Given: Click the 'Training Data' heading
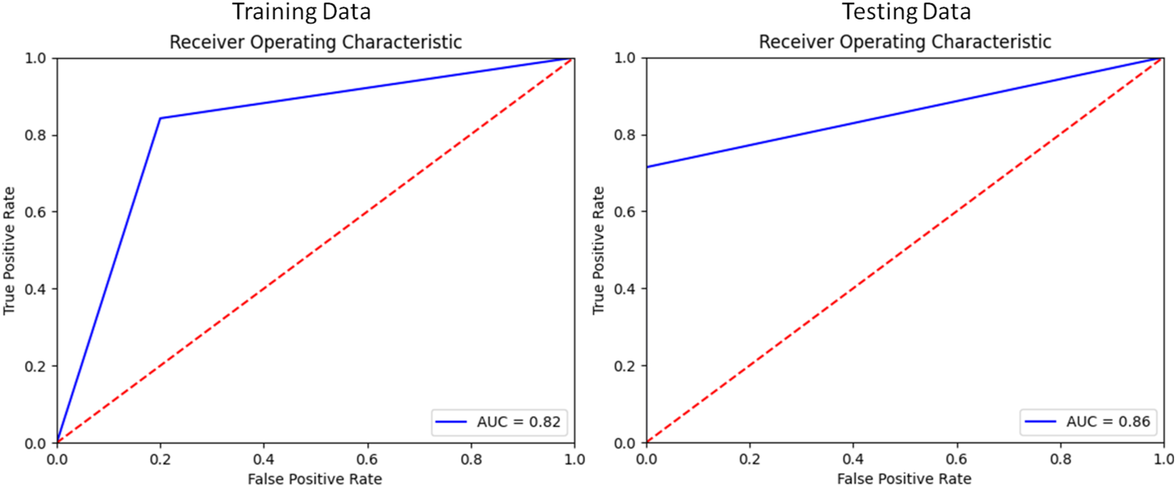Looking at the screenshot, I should pyautogui.click(x=301, y=12).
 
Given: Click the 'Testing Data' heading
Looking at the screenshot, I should pyautogui.click(x=906, y=12).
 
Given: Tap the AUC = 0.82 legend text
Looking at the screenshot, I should pyautogui.click(x=518, y=422).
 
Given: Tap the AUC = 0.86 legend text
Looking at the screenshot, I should pyautogui.click(x=1108, y=422).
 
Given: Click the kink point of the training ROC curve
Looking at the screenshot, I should pyautogui.click(x=160, y=119).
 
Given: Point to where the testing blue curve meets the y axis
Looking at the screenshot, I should pyautogui.click(x=647, y=167).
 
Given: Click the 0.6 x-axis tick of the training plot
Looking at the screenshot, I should pyautogui.click(x=367, y=460).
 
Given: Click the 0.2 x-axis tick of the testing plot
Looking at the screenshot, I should pyautogui.click(x=749, y=460).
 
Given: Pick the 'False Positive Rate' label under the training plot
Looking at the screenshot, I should pyautogui.click(x=315, y=479).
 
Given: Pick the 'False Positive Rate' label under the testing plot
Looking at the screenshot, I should pyautogui.click(x=904, y=479).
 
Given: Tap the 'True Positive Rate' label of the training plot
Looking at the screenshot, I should pyautogui.click(x=9, y=251).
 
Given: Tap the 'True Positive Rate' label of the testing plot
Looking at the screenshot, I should pyautogui.click(x=598, y=251).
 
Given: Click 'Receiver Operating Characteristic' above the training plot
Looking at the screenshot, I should pyautogui.click(x=315, y=42).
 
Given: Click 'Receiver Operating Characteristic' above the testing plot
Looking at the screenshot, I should pyautogui.click(x=905, y=42).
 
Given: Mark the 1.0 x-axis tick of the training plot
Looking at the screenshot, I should pyautogui.click(x=574, y=460).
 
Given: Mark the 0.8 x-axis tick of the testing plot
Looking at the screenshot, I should pyautogui.click(x=1060, y=460).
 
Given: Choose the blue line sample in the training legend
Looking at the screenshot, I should pyautogui.click(x=451, y=422).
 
